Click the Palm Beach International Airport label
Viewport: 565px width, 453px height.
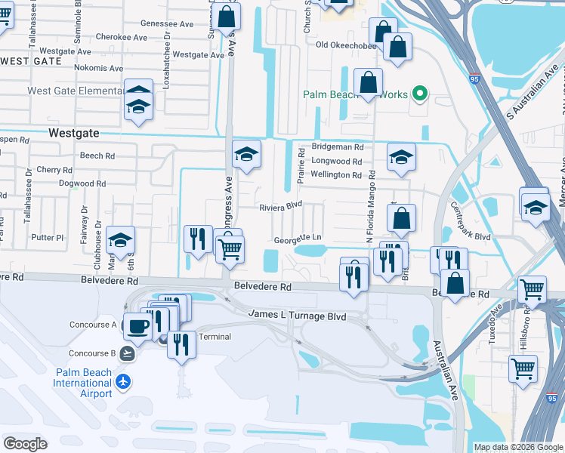click(82, 383)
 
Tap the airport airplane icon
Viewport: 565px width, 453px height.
click(124, 379)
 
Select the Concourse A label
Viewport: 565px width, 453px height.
click(92, 325)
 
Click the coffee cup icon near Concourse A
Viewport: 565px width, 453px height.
click(137, 325)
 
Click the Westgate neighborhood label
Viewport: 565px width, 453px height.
click(73, 132)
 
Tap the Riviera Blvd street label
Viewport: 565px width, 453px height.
click(280, 205)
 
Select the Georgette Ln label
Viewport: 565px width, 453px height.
click(298, 238)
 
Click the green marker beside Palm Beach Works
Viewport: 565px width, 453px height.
click(420, 94)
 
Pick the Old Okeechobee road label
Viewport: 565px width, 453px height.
click(345, 45)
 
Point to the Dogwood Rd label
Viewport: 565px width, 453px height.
click(82, 183)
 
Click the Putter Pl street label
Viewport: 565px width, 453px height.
click(48, 237)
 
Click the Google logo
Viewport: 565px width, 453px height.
click(26, 444)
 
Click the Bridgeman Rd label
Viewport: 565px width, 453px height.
click(338, 147)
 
